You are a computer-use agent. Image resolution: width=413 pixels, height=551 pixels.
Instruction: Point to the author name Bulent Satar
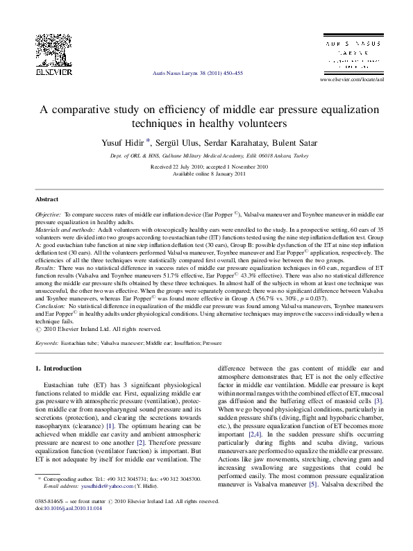click(295, 143)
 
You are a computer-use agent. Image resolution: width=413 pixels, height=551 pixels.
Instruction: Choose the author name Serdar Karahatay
click(240, 143)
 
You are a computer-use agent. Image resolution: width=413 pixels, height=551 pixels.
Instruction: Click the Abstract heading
click(47, 198)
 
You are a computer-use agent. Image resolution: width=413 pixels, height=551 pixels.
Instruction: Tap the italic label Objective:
click(49, 217)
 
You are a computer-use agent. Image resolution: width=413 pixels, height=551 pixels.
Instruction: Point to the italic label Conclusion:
click(51, 305)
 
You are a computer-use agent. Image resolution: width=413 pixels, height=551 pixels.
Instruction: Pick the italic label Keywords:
click(47, 343)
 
